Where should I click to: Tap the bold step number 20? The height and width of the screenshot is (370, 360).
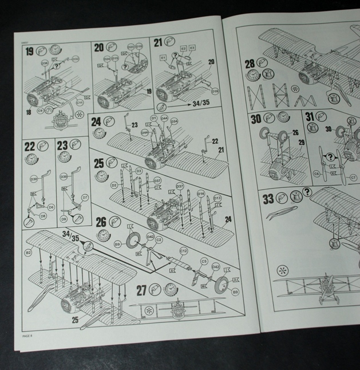98,48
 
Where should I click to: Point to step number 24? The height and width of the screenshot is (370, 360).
96,121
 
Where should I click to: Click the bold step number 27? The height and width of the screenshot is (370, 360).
142,290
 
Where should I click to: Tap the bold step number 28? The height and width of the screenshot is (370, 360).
250,63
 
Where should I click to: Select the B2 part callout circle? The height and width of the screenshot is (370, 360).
27,252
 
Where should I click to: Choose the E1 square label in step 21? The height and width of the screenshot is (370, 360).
163,58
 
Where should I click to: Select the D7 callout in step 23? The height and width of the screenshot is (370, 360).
85,198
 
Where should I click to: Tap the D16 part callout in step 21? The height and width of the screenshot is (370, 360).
215,91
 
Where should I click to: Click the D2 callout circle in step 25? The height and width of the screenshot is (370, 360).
114,185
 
